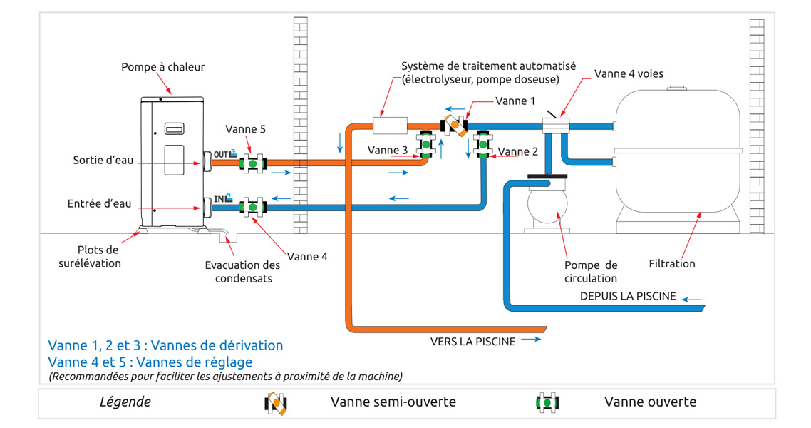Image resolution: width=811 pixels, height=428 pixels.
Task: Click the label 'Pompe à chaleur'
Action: click(x=162, y=67)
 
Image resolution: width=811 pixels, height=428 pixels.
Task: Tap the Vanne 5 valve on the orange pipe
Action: click(x=252, y=163)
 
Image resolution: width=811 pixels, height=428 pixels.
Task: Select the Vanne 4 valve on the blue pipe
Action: click(x=252, y=208)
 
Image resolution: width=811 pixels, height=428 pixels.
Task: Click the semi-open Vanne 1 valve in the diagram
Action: click(x=455, y=126)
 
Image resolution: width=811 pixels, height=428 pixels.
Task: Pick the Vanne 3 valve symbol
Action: click(x=427, y=145)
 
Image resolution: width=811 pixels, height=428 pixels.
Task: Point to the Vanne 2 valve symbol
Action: click(x=482, y=144)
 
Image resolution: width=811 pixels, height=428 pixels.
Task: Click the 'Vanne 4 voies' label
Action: click(x=629, y=74)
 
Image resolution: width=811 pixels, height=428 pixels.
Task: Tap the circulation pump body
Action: click(x=545, y=205)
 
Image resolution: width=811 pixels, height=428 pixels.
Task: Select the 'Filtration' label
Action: click(x=671, y=263)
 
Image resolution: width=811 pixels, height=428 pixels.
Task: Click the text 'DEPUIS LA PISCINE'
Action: click(x=627, y=296)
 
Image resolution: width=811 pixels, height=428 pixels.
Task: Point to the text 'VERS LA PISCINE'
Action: click(x=472, y=341)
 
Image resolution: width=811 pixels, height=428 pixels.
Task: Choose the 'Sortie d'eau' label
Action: click(x=103, y=160)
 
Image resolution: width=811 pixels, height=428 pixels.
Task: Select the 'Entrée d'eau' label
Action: click(x=100, y=203)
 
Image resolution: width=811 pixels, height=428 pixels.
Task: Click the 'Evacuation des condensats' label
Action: click(x=242, y=271)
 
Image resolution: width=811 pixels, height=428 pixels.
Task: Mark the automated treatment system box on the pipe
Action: click(x=390, y=126)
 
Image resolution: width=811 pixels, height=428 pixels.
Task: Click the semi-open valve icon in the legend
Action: click(x=276, y=403)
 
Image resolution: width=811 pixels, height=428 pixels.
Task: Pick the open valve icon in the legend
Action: click(x=546, y=402)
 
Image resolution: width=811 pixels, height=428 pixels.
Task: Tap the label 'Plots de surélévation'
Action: click(x=89, y=256)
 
